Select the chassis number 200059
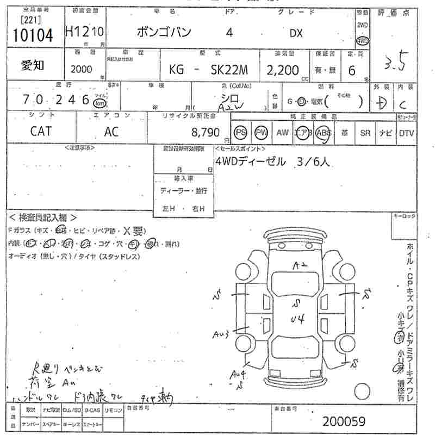tap(343, 421)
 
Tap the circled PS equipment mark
tap(240, 132)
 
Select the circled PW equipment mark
tap(262, 132)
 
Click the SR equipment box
tap(364, 132)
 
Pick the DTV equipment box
tap(406, 132)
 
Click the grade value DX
tap(295, 33)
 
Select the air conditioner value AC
tap(112, 132)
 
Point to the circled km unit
tap(99, 103)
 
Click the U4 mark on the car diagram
tap(297, 318)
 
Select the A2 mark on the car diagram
tap(300, 266)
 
